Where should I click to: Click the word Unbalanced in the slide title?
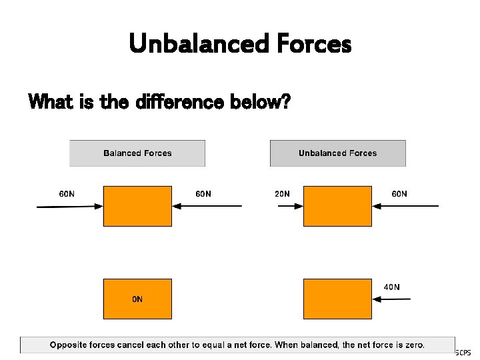[189, 44]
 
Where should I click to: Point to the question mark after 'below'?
[285, 102]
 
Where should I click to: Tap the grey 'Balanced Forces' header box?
[137, 153]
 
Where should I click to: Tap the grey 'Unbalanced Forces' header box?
[337, 153]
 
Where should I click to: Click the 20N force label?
[282, 194]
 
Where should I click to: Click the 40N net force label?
[392, 287]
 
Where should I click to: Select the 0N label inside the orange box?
[137, 299]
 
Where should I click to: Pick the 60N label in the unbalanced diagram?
[399, 194]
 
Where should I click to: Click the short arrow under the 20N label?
[289, 206]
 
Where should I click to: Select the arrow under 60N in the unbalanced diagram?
[405, 206]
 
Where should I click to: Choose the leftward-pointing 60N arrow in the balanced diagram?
[207, 206]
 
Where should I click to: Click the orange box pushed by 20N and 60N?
[337, 206]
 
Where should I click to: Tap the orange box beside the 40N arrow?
[337, 299]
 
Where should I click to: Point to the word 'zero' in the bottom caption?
[413, 345]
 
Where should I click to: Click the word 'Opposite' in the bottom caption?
[70, 345]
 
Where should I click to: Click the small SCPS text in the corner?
[463, 352]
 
